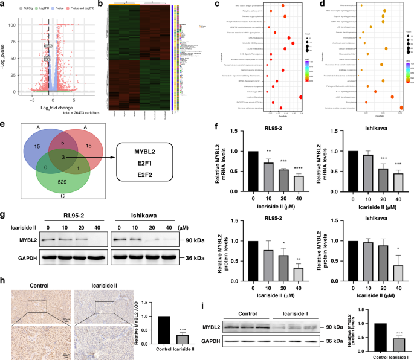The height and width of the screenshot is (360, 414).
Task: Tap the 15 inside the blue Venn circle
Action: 37,145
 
